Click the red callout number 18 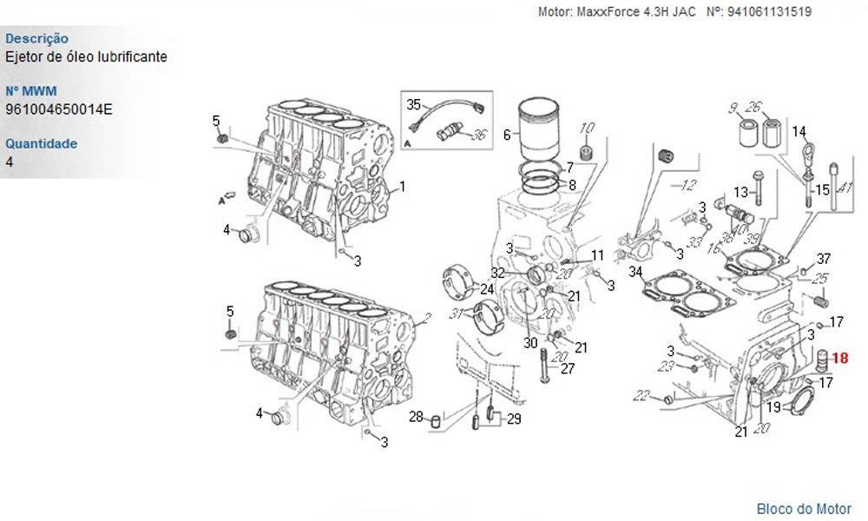(839, 359)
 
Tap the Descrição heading (37, 38)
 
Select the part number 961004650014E (59, 109)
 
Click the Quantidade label (42, 143)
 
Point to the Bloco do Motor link (804, 509)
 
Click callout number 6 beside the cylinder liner (507, 135)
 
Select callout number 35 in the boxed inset (414, 104)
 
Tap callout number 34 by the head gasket (635, 272)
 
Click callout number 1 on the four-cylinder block (403, 187)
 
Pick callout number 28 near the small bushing (417, 416)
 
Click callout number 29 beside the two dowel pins (514, 419)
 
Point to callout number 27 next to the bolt (568, 368)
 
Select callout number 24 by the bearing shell (487, 289)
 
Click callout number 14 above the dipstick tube (799, 131)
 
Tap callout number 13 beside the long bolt (740, 192)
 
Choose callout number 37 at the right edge (824, 259)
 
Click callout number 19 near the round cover (773, 407)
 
